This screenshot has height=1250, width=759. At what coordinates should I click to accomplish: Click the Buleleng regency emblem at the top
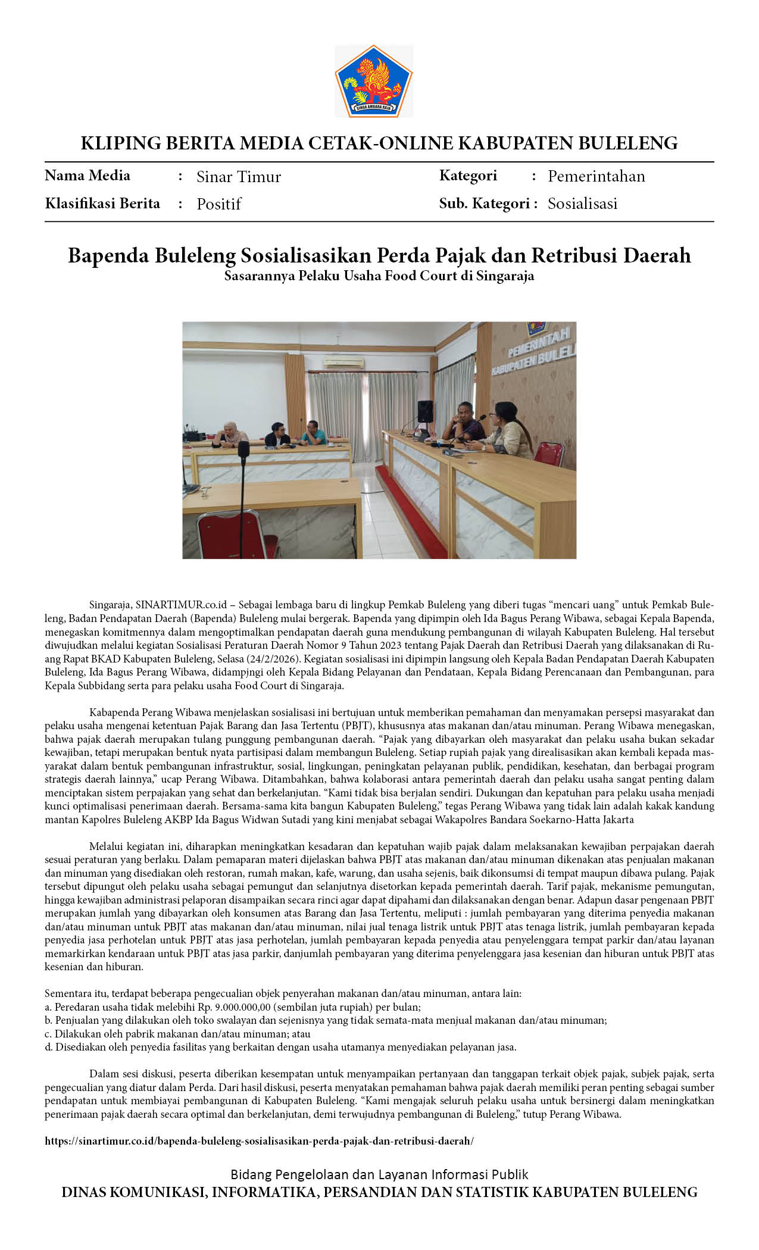374,82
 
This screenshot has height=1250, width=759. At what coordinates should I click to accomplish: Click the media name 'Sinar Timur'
238,177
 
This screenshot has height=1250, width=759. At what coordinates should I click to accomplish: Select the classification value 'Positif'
218,204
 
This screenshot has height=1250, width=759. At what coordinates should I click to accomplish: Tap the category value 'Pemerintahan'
596,176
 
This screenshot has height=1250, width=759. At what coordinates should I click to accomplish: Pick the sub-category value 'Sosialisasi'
582,204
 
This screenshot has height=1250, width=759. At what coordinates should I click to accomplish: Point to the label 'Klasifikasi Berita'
102,204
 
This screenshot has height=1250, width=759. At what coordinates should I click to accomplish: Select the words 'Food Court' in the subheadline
420,276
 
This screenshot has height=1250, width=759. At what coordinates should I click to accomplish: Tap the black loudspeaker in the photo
425,411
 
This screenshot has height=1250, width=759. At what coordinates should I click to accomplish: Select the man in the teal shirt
313,434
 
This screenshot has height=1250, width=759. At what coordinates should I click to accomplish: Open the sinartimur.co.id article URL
260,1141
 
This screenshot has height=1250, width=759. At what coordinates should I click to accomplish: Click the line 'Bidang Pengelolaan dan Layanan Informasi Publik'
379,1174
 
